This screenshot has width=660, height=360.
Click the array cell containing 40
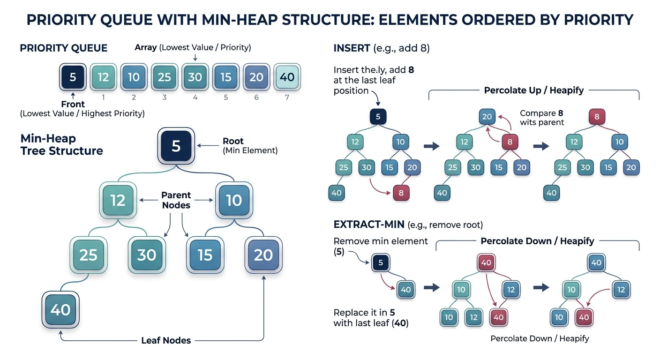(x=287, y=77)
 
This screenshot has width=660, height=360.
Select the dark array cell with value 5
(x=73, y=77)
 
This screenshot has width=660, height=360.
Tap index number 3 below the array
(x=165, y=97)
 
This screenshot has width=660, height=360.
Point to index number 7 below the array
(x=287, y=97)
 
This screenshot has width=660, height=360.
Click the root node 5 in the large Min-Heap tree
(x=176, y=146)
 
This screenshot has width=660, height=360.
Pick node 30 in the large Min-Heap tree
(x=147, y=255)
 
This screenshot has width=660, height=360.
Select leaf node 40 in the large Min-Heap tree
(x=60, y=309)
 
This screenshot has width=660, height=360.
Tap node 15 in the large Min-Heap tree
(x=205, y=255)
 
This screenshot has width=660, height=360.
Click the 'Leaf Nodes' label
(x=166, y=340)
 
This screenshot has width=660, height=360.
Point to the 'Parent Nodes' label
(x=176, y=200)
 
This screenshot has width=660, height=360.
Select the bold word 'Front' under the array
(x=73, y=104)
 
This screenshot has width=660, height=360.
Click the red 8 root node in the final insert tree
(x=597, y=117)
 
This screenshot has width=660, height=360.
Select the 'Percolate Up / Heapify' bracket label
(x=533, y=90)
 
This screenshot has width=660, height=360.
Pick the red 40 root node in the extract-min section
(x=486, y=262)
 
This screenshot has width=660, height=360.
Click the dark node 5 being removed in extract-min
(x=381, y=262)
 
